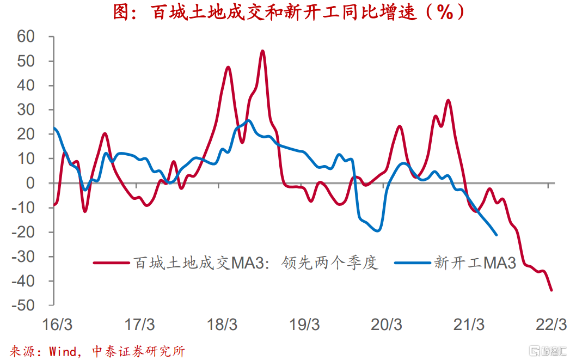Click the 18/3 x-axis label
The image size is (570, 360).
[222, 325]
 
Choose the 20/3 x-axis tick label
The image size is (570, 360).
[387, 325]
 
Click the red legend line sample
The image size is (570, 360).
[112, 263]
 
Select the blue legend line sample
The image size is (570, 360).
[413, 263]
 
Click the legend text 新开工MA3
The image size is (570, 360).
[475, 263]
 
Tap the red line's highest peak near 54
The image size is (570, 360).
[262, 51]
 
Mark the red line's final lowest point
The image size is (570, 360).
[551, 290]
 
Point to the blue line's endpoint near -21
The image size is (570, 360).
[496, 235]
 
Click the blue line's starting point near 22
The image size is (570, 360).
[54, 129]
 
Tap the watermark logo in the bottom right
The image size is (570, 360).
[547, 349]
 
